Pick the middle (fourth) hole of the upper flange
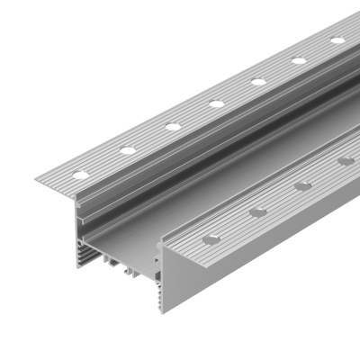click(x=217, y=103)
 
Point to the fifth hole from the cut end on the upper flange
click(x=259, y=81)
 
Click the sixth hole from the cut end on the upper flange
click(x=300, y=59)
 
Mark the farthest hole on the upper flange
click(x=337, y=40)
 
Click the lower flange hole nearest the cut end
click(x=212, y=239)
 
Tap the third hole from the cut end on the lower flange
click(x=303, y=186)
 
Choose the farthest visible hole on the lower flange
click(x=346, y=161)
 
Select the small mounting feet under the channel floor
click(x=117, y=265)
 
